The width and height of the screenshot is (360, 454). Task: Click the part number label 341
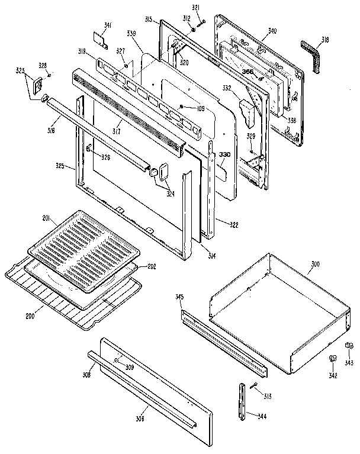point(107,25)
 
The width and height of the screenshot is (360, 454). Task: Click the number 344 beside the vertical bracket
point(261,416)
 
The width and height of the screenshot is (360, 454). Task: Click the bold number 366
point(249,71)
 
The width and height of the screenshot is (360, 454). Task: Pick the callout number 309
point(129,367)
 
